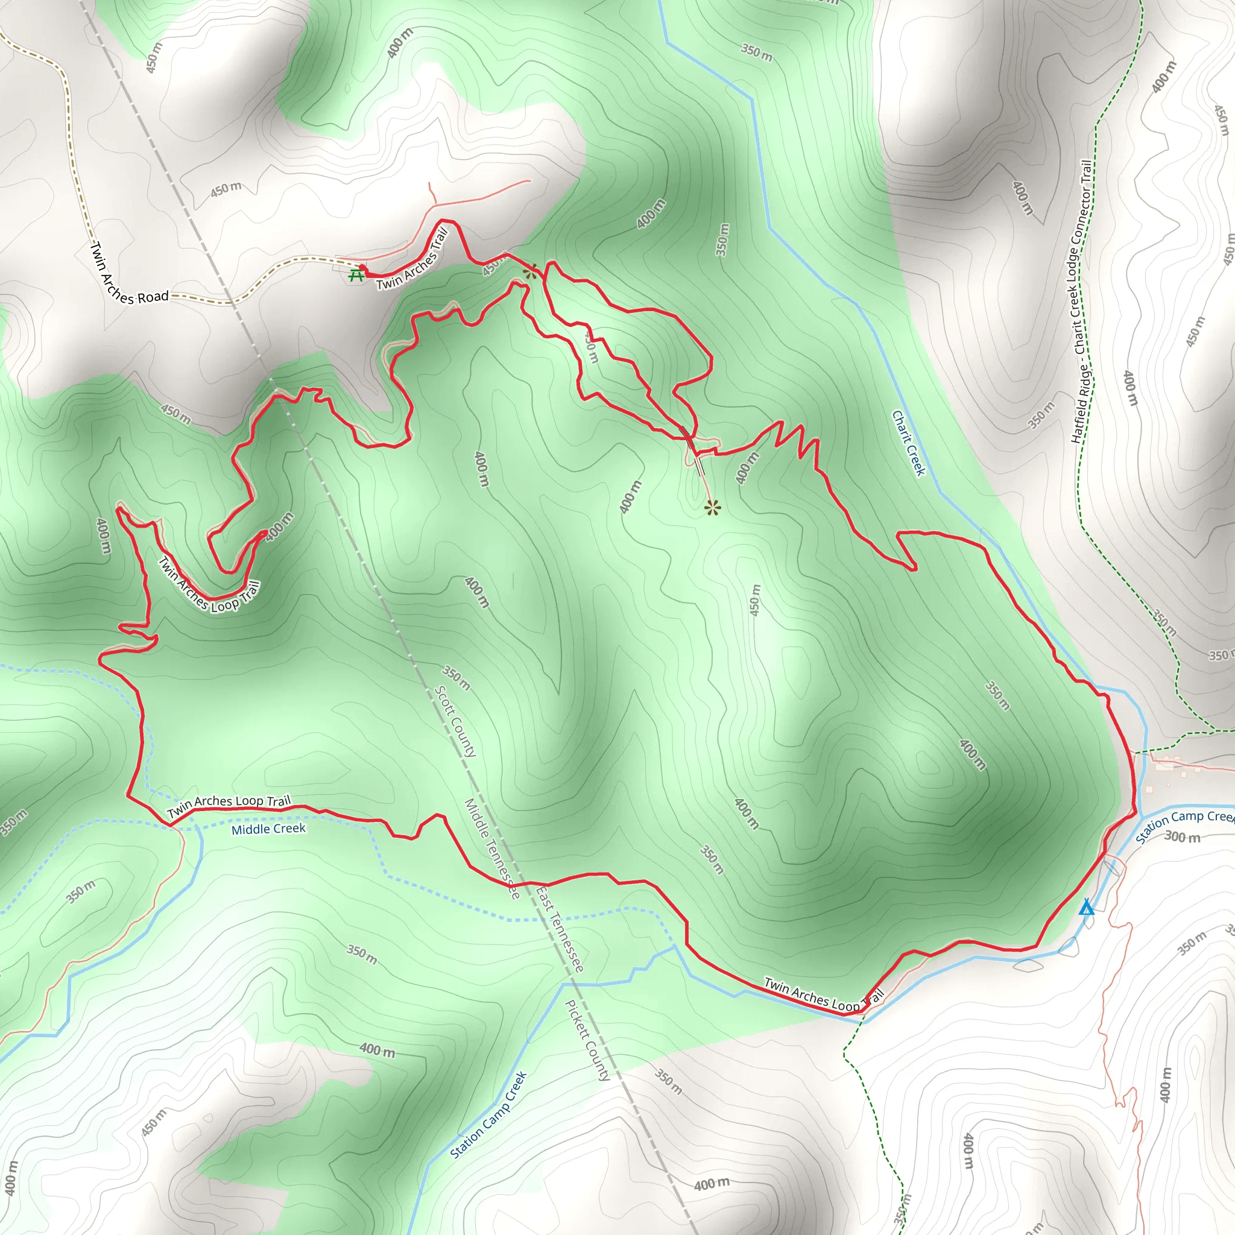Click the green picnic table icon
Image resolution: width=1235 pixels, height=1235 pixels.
(x=356, y=276)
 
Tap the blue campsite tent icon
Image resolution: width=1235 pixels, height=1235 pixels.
(x=1087, y=907)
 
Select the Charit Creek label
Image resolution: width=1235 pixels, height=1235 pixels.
(x=908, y=443)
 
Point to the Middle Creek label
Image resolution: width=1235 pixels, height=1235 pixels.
(x=268, y=829)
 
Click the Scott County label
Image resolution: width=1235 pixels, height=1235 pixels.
(x=455, y=721)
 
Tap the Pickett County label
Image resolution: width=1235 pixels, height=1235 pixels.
(x=587, y=1040)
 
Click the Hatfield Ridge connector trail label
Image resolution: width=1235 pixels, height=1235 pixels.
(x=1082, y=301)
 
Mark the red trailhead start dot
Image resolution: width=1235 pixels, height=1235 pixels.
(x=362, y=268)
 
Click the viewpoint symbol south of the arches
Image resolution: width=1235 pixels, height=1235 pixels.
(x=712, y=508)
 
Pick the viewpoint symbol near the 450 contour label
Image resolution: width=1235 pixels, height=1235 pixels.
(x=530, y=273)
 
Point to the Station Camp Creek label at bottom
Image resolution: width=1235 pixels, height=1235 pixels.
(x=488, y=1116)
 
